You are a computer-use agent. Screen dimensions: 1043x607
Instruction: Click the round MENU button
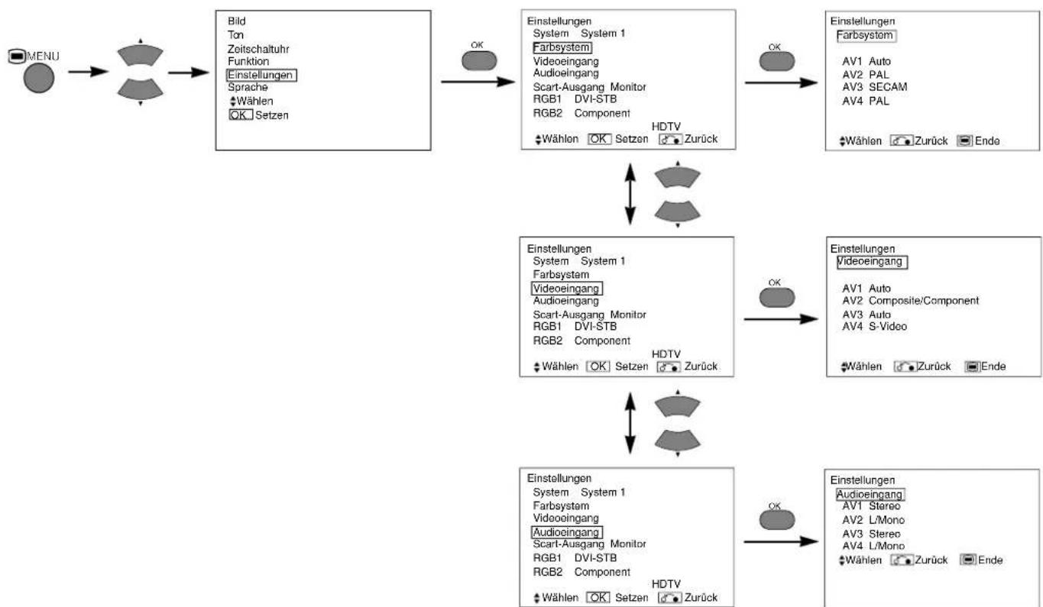[39, 78]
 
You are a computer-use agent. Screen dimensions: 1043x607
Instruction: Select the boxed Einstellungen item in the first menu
[261, 75]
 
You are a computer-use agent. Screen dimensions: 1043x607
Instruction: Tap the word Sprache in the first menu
[248, 87]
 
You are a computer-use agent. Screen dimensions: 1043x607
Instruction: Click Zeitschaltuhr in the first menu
[258, 49]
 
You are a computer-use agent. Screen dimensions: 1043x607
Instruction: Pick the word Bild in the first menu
[237, 21]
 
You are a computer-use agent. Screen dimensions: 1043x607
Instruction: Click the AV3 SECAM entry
[874, 87]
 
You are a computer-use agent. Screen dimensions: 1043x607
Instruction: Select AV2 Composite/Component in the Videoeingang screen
[910, 301]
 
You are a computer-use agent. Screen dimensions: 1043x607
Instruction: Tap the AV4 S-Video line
[874, 327]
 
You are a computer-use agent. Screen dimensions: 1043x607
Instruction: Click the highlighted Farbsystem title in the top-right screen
[866, 35]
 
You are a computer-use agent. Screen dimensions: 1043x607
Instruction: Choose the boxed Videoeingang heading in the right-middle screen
[872, 262]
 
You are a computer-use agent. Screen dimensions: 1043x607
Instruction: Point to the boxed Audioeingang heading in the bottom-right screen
[870, 495]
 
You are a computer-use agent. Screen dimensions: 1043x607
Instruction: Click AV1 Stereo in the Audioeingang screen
[871, 506]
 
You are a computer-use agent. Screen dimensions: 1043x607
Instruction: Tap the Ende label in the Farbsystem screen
[987, 141]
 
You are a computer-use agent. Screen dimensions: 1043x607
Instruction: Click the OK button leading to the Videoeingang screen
[776, 297]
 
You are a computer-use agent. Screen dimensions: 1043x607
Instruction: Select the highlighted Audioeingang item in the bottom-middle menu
[567, 532]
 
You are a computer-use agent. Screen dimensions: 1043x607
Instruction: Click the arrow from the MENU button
[88, 72]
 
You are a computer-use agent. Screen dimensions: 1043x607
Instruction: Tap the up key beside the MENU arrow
[140, 54]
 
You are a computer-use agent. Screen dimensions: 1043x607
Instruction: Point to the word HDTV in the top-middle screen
[666, 127]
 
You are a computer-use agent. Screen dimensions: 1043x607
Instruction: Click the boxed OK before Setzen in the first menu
[241, 115]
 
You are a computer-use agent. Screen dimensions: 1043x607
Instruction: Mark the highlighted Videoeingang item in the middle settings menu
[567, 289]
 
